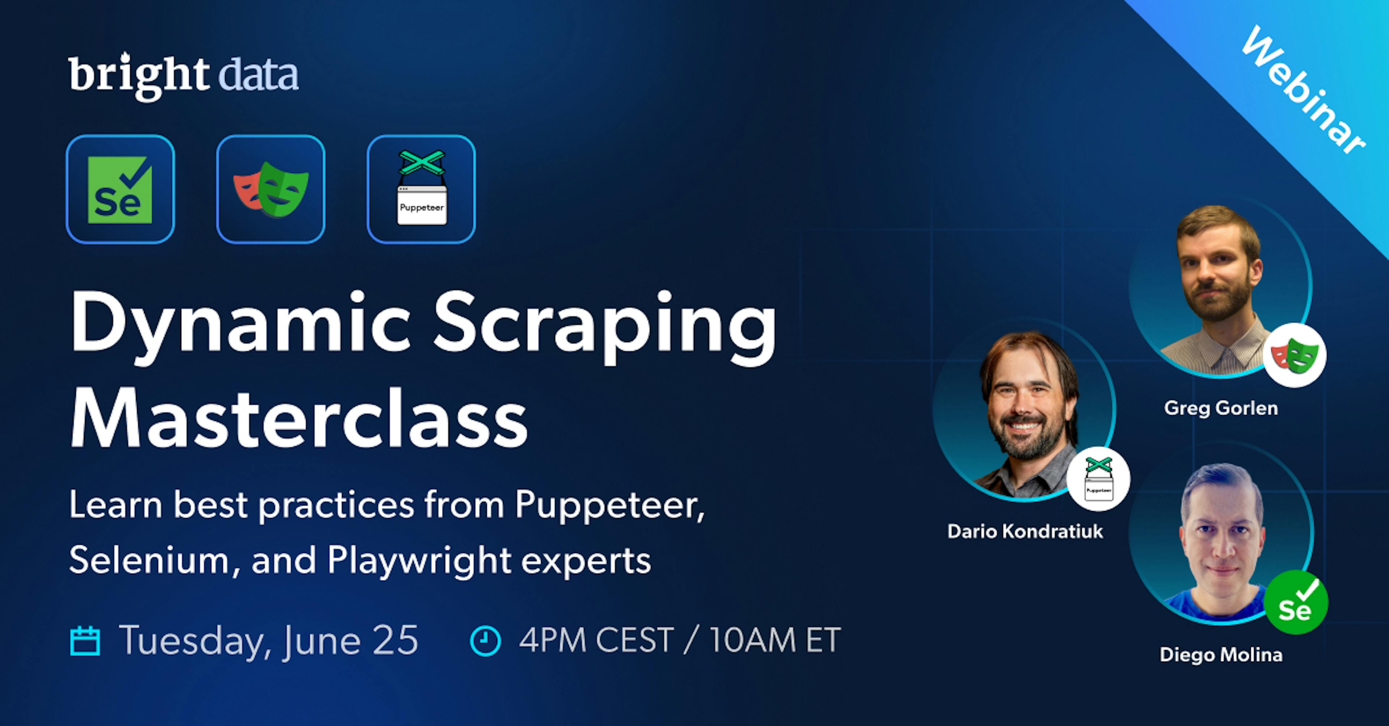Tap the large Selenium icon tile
120,189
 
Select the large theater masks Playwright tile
271,189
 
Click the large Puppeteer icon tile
421,189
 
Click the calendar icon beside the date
85,641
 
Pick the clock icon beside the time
485,641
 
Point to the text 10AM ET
774,640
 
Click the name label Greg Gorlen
1221,408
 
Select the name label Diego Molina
1221,655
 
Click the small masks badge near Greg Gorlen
1294,355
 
